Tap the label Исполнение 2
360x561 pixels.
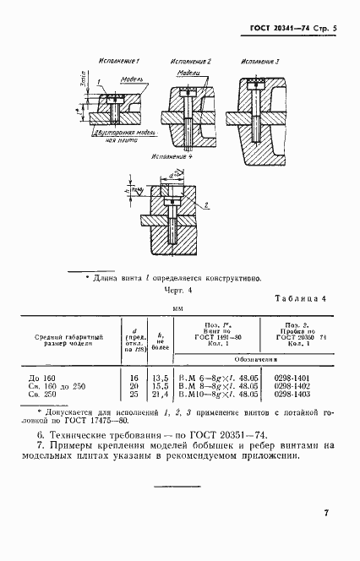pyautogui.click(x=190, y=63)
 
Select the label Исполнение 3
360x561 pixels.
pyautogui.click(x=259, y=63)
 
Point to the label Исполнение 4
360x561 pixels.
pyautogui.click(x=172, y=158)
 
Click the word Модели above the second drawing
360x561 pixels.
pyautogui.click(x=188, y=74)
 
